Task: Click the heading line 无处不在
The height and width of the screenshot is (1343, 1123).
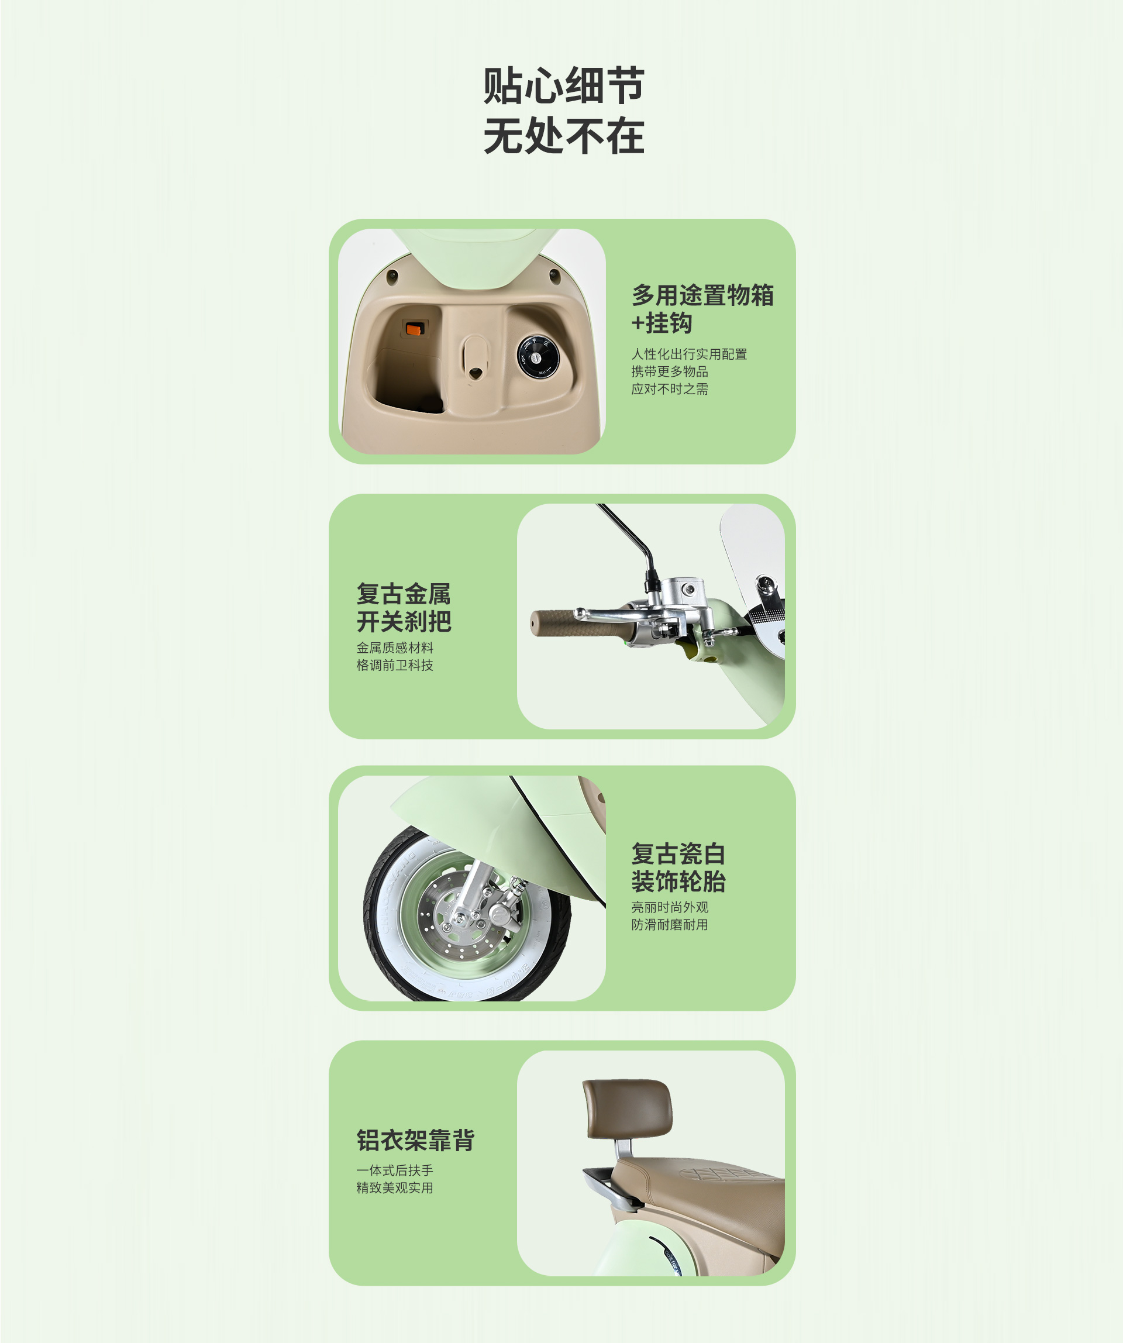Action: (x=563, y=136)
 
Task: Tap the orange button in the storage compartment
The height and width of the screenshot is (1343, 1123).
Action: (x=415, y=329)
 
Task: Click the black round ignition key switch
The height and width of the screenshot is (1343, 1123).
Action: (x=538, y=357)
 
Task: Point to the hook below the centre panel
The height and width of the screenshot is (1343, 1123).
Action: (x=475, y=372)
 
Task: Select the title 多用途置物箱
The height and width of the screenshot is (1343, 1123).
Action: (x=702, y=295)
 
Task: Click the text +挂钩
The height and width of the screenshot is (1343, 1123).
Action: (x=662, y=323)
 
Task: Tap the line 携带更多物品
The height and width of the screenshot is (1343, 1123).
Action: (x=670, y=371)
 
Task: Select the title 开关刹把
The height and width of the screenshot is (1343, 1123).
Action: (x=404, y=622)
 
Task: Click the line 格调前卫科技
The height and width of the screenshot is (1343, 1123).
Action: (x=395, y=665)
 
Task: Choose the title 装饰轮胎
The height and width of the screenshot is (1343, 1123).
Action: (x=678, y=881)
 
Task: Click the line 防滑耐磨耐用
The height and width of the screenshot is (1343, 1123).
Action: (x=670, y=924)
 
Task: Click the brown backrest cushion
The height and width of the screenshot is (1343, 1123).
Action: (x=628, y=1108)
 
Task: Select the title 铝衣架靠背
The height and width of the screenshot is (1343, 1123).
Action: (x=415, y=1139)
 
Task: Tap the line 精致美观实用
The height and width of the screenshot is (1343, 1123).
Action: (x=395, y=1187)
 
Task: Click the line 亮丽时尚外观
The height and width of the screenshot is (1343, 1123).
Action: (x=670, y=907)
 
